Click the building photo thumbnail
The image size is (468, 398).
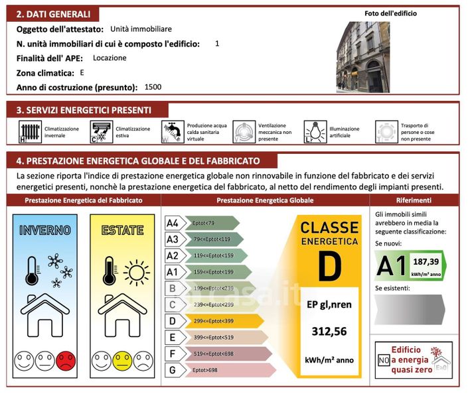pyautogui.click(x=362, y=57)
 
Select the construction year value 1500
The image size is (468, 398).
pyautogui.click(x=153, y=87)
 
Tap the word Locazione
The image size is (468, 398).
pyautogui.click(x=110, y=58)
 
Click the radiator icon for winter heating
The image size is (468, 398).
pyautogui.click(x=29, y=132)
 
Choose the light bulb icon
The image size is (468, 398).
pyautogui.click(x=314, y=132)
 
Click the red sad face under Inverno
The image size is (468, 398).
pyautogui.click(x=66, y=362)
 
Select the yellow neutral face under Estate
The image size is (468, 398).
pyautogui.click(x=122, y=362)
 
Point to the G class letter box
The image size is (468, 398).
pyautogui.click(x=173, y=369)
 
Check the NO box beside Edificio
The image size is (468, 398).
pyautogui.click(x=383, y=361)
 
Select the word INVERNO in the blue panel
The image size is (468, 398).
pyautogui.click(x=45, y=230)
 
